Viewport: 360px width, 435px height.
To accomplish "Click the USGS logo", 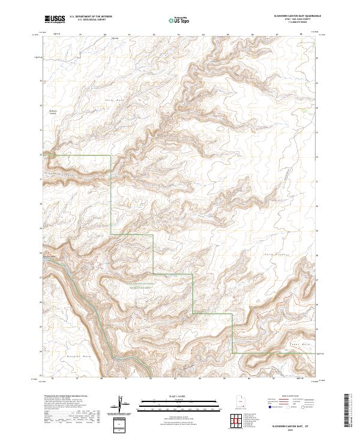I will pyautogui.click(x=55, y=19).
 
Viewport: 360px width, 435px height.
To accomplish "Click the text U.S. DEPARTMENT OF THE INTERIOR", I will pyautogui.click(x=91, y=16).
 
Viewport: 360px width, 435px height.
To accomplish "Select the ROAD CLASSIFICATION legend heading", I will pyautogui.click(x=287, y=397).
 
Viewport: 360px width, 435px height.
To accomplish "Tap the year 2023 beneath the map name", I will pyautogui.click(x=296, y=428).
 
